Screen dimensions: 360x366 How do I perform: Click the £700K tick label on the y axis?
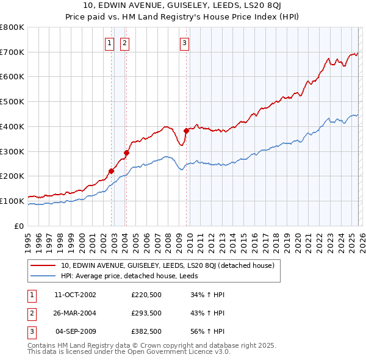click(12, 52)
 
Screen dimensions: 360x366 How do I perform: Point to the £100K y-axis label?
click(12, 201)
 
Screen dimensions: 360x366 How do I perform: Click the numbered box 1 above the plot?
click(109, 43)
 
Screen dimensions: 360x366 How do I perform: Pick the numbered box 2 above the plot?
click(124, 43)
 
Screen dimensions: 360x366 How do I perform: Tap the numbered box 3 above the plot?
click(184, 43)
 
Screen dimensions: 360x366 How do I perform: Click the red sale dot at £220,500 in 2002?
click(112, 171)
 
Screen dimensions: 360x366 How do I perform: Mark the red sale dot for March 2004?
click(127, 153)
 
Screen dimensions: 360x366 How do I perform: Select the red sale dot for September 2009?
click(186, 130)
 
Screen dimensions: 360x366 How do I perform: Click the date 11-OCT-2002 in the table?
click(75, 295)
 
